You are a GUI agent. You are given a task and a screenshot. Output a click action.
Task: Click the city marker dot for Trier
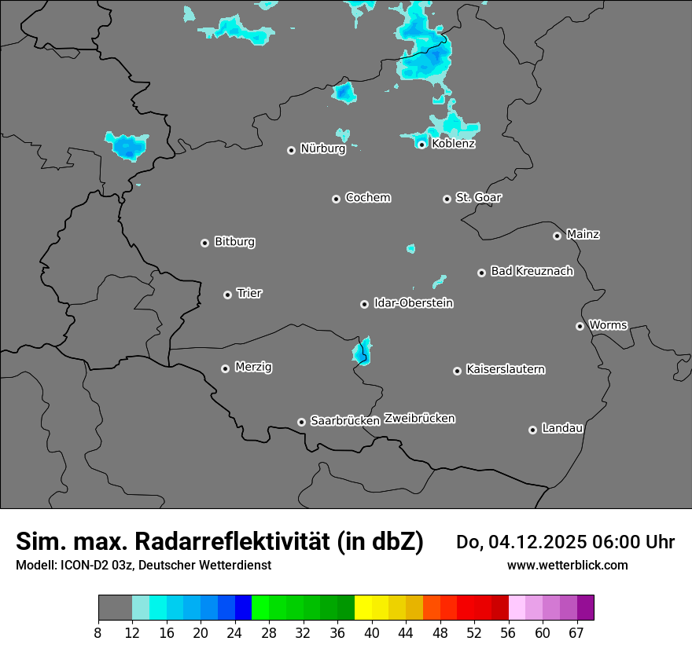[228, 295]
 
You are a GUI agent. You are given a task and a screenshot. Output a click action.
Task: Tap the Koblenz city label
[454, 144]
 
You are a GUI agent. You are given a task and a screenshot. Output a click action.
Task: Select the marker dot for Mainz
[558, 236]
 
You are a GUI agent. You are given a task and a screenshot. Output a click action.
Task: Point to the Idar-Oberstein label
[414, 303]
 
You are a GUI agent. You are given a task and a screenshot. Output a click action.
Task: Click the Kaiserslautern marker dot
[458, 371]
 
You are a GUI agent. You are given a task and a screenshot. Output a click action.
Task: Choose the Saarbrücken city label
[345, 421]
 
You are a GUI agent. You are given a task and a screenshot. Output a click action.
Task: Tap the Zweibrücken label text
[419, 419]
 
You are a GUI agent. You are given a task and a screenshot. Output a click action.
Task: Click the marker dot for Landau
[533, 430]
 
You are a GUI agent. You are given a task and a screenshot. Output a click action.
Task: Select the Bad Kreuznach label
[532, 272]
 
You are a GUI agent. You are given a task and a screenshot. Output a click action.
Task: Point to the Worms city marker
[580, 326]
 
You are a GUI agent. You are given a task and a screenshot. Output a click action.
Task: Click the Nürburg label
[323, 148]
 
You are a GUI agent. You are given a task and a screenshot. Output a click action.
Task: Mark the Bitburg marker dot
[205, 243]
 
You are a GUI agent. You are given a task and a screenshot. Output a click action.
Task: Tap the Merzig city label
[253, 367]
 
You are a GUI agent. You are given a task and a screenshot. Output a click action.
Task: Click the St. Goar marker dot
[447, 199]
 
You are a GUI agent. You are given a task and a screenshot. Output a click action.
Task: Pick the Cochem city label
[368, 198]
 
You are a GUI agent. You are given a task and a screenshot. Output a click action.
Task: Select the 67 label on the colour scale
[576, 632]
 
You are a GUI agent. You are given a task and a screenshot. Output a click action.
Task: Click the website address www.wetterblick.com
[568, 565]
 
